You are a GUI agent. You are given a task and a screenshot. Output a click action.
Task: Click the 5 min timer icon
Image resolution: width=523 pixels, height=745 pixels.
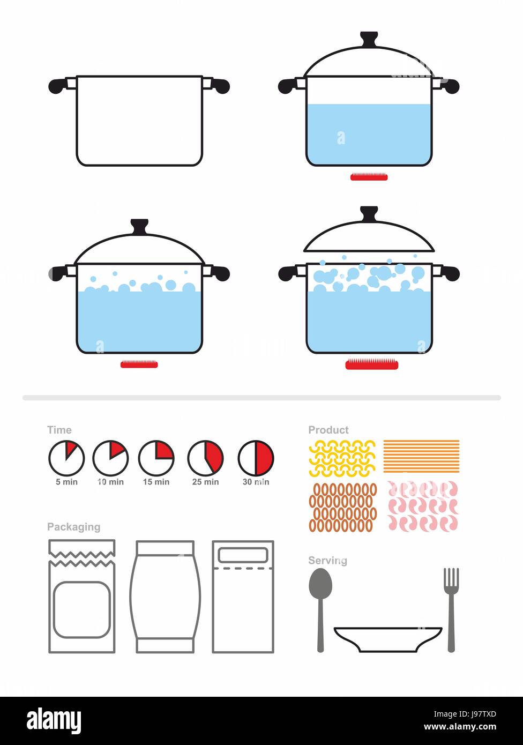coord(66,458)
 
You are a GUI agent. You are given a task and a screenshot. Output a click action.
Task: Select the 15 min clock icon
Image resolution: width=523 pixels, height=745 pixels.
coord(156,458)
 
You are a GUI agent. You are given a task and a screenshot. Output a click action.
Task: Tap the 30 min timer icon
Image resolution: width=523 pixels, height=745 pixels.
coord(256,458)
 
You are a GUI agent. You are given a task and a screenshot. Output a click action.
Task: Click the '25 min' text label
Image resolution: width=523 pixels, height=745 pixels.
coord(205,482)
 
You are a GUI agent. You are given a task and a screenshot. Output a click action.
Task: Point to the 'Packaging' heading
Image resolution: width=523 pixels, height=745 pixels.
coord(73,527)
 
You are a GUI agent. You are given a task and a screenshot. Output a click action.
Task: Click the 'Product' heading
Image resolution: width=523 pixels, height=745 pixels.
coord(328,430)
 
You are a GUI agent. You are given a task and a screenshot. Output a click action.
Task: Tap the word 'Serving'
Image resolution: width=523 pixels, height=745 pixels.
coord(327,561)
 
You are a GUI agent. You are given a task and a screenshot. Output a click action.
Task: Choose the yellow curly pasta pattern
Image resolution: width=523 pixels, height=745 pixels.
coord(342,458)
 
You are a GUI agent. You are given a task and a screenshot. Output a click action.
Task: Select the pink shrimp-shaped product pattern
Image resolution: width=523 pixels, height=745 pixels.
coord(422,505)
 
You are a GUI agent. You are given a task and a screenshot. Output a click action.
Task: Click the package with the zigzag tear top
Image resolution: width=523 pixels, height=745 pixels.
coord(81,596)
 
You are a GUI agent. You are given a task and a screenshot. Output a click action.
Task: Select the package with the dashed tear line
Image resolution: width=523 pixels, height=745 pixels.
coord(243,596)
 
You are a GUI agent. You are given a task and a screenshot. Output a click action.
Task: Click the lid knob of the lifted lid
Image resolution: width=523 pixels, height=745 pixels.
coord(369,213)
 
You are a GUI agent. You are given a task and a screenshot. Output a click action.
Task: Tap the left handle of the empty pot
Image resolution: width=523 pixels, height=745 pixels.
coord(61,85)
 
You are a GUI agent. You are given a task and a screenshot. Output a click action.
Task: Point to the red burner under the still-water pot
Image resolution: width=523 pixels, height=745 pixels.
coord(368,177)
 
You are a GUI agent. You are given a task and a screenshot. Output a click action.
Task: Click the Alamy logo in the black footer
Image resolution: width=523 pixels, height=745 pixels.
coord(54,721)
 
